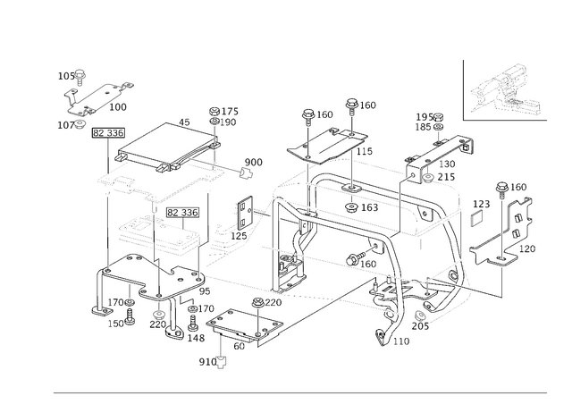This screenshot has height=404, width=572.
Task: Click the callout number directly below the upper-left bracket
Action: (67, 126)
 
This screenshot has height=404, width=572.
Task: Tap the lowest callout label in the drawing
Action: (212, 361)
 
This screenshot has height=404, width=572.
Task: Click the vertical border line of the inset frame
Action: (464, 89)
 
